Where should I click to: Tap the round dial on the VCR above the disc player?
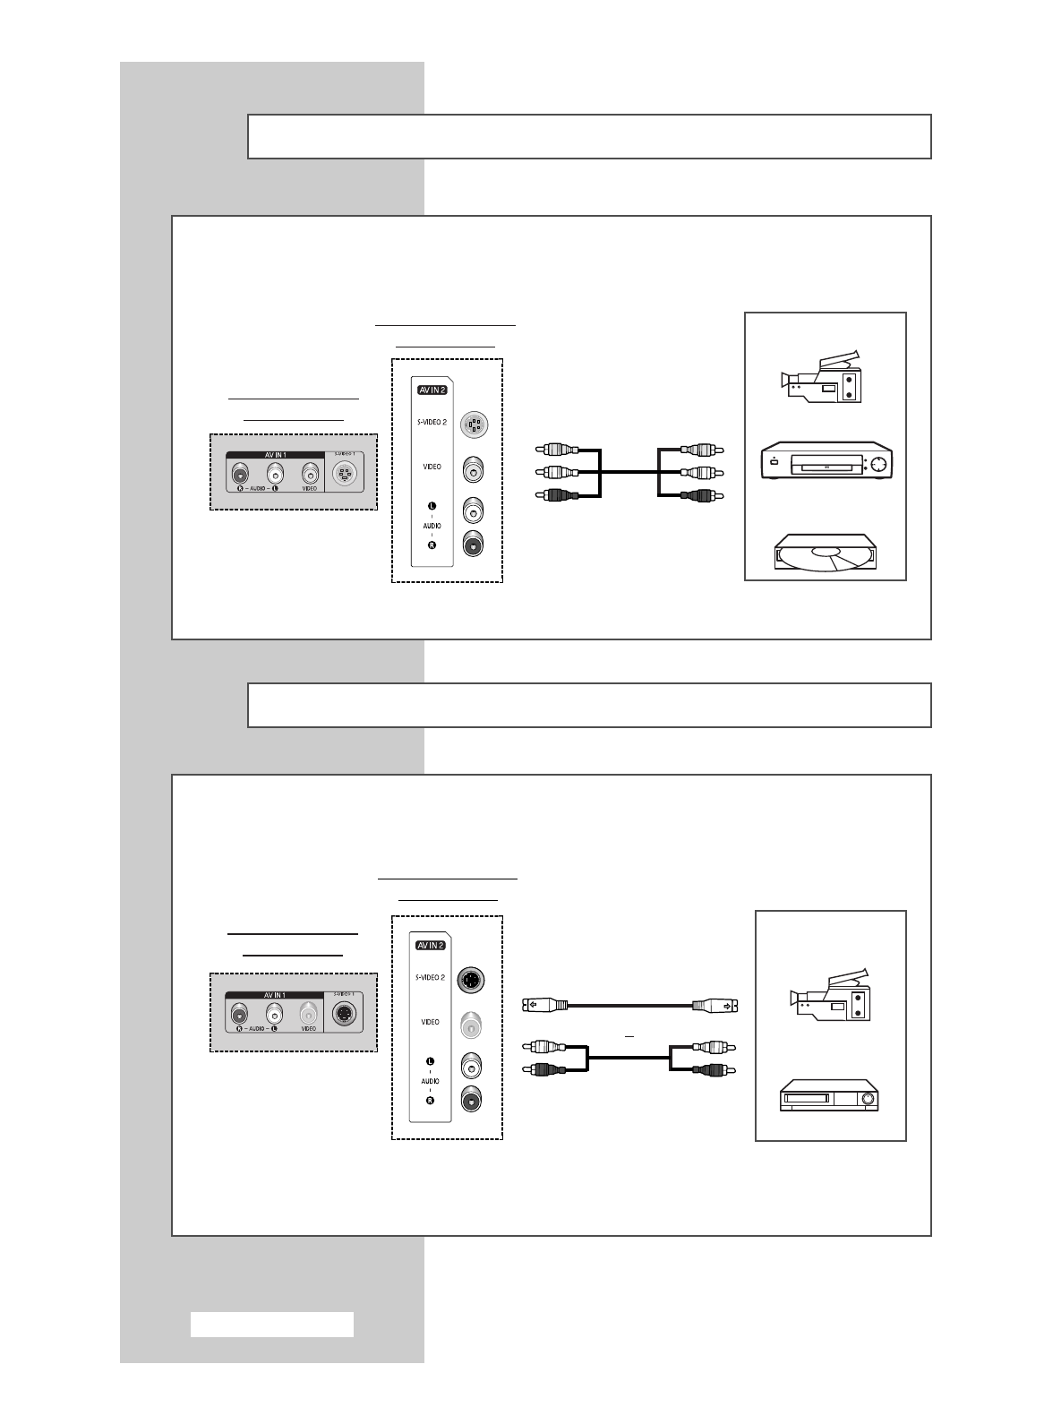coord(877,464)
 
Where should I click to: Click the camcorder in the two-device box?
coord(829,995)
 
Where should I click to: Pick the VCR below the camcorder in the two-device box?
coord(829,1095)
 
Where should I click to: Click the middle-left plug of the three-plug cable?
coord(557,473)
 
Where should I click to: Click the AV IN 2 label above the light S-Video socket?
coord(432,390)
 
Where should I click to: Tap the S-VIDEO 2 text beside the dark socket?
coord(431,977)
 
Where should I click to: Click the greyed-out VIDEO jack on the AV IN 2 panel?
coord(472,1024)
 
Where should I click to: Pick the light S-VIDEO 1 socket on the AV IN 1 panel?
coord(345,475)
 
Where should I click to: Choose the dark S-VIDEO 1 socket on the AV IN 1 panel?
coord(344,1015)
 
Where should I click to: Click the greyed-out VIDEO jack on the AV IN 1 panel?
coord(308,1015)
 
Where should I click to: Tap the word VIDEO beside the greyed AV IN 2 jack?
coord(431,1022)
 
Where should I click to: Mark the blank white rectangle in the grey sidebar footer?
coord(272,1325)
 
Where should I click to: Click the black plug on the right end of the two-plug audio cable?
coord(714,1069)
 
